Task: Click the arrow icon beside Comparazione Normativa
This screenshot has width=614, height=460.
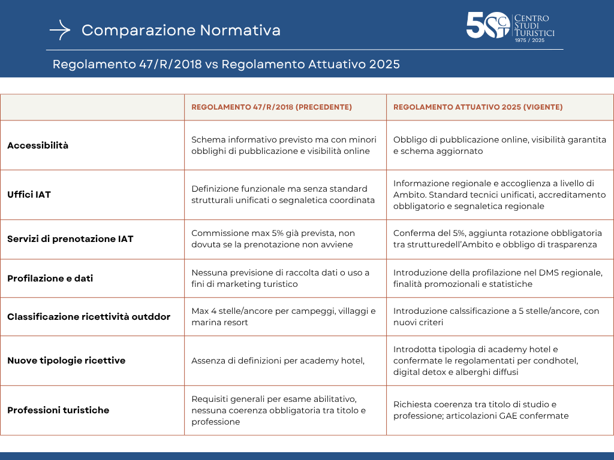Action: click(60, 30)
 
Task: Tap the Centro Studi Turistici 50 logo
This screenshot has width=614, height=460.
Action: click(510, 27)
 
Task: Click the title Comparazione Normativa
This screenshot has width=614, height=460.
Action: click(181, 30)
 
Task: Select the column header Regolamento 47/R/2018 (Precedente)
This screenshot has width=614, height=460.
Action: click(272, 107)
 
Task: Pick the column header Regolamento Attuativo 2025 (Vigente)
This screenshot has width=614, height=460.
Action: click(478, 107)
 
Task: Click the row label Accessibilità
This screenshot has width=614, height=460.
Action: click(38, 146)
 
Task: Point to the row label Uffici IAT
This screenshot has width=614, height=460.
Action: click(29, 195)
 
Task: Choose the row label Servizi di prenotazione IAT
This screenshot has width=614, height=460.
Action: click(70, 239)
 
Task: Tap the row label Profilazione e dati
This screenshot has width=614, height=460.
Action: click(50, 279)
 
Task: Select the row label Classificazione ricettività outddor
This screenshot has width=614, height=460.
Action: click(89, 316)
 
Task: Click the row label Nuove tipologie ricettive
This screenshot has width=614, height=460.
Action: click(66, 361)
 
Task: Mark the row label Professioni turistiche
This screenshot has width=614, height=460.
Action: click(58, 410)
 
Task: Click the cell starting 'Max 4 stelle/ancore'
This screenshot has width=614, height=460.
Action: click(284, 316)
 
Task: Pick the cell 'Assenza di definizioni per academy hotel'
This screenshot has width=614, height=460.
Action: click(278, 361)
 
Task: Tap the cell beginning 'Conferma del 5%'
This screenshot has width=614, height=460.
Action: click(497, 239)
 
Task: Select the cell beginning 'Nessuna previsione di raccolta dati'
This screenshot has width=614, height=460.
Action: click(280, 279)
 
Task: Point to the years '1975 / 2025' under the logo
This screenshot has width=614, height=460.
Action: click(529, 41)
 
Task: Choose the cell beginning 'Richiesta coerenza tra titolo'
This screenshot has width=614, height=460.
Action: click(481, 410)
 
